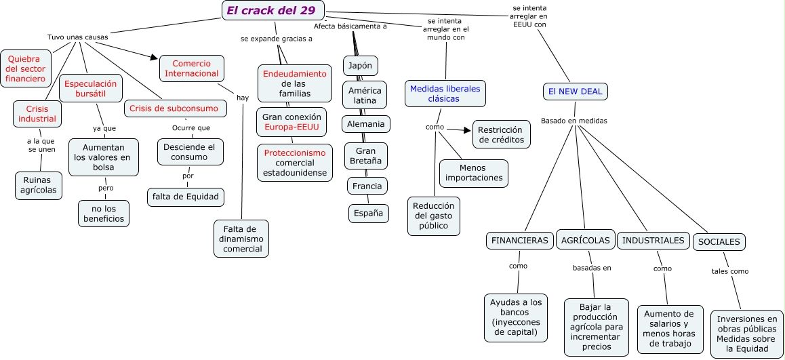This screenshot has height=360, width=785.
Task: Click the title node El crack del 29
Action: coord(273,10)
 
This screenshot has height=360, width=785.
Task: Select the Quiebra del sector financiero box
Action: coord(26,68)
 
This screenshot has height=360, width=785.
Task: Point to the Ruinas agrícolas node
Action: coord(38,185)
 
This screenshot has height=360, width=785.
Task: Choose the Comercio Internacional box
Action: coord(192,68)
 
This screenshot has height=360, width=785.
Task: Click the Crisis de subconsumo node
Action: coord(174,108)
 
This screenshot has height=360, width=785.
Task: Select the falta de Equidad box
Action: coord(185,197)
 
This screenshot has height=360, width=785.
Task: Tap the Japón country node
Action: coord(360,66)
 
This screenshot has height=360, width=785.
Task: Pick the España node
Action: coord(369,213)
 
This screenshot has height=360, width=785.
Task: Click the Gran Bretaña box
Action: coord(365,156)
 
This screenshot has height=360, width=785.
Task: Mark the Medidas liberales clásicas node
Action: coord(445,94)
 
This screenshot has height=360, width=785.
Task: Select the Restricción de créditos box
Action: coord(501,134)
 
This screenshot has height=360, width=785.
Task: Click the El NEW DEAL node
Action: coord(576,92)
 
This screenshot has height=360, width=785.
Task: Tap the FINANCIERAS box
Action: coord(520,241)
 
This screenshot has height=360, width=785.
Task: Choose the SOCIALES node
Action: coord(719,242)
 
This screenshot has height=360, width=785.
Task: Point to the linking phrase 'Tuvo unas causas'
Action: coord(77,37)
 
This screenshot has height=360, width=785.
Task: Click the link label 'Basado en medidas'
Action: coord(573,121)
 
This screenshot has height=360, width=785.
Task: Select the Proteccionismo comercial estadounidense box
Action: coord(295,163)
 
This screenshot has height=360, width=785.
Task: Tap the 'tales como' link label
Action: coord(729,271)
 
